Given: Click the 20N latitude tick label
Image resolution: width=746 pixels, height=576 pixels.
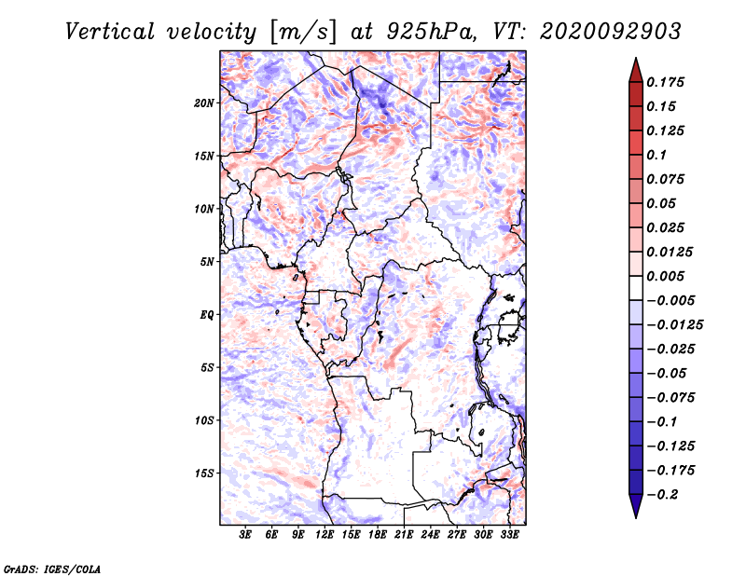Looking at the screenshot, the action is [x=204, y=103].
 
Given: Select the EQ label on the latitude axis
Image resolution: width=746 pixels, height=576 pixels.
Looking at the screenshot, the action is [x=207, y=315].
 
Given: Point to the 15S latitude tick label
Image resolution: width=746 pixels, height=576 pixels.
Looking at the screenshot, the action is [x=204, y=473].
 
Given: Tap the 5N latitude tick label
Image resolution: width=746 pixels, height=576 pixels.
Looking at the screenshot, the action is [x=207, y=262].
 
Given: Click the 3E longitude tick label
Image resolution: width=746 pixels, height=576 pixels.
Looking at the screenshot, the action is [x=245, y=534].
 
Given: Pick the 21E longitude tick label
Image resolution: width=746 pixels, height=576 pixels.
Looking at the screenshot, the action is [x=404, y=534].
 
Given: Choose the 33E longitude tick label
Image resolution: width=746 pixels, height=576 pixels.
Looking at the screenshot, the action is [x=509, y=534].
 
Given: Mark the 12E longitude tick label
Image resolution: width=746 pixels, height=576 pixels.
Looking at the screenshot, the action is [x=325, y=534].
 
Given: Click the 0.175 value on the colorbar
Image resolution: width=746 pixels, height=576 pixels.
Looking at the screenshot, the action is [x=666, y=82].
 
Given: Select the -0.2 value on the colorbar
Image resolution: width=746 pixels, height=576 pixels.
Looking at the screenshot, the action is [x=662, y=495].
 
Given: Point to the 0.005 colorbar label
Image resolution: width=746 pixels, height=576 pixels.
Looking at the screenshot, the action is [x=666, y=276].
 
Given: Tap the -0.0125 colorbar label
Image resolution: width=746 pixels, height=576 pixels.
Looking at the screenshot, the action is [x=674, y=325].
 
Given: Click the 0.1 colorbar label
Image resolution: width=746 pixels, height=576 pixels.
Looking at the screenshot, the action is [x=656, y=155].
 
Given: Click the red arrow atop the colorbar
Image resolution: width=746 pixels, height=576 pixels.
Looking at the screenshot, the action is [x=636, y=71].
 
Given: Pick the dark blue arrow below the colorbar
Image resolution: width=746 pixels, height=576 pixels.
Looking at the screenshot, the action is [x=636, y=505].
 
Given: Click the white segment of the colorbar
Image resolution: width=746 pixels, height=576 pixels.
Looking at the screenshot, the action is [x=636, y=288].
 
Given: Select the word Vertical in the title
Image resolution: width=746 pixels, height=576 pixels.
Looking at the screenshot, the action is [x=110, y=32].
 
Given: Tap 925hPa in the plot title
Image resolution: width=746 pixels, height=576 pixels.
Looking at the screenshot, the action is [x=431, y=32].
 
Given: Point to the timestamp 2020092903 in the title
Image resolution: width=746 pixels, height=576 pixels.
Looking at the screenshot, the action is [x=611, y=32].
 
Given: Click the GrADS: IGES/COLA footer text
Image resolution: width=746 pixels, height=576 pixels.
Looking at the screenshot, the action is [x=52, y=569].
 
